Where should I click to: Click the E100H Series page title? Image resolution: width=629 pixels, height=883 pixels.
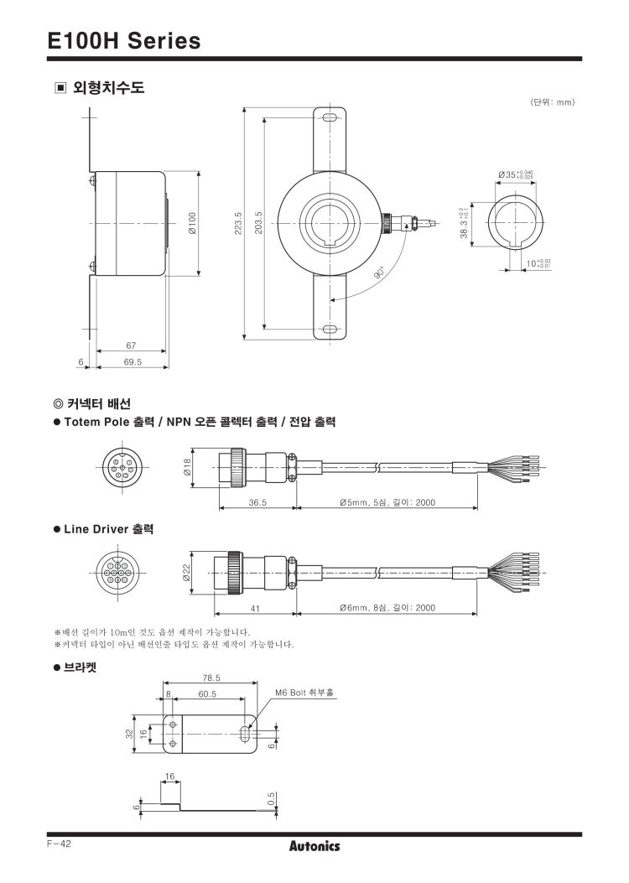click(x=124, y=40)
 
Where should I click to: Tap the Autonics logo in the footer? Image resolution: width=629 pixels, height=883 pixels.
click(x=314, y=846)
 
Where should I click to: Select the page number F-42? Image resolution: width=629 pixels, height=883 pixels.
click(x=60, y=844)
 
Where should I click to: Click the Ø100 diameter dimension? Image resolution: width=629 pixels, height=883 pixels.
click(x=192, y=224)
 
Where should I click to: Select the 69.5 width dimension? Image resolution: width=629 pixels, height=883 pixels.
click(x=133, y=362)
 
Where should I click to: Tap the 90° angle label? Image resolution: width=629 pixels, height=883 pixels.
click(x=378, y=273)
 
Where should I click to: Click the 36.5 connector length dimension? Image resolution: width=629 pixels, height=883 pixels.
click(x=257, y=502)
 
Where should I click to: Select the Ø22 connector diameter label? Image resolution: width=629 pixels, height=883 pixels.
click(x=187, y=573)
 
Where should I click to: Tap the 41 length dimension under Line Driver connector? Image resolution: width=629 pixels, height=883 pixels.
click(x=255, y=608)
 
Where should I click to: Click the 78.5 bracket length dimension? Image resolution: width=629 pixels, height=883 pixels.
click(x=211, y=678)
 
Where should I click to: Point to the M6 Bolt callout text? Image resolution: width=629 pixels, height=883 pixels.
click(x=304, y=692)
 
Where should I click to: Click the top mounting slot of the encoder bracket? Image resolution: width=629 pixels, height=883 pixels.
click(x=329, y=119)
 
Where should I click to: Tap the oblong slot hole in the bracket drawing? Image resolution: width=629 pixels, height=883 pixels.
click(x=244, y=734)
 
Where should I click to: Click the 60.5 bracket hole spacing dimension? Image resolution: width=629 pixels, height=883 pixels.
click(x=207, y=693)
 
